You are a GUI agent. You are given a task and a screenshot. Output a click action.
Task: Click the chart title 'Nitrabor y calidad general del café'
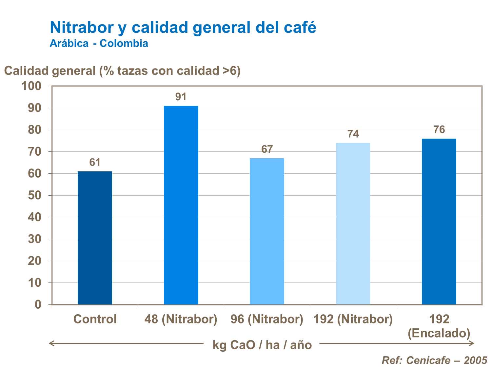183,27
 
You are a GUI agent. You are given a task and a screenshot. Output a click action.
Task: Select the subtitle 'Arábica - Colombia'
99,43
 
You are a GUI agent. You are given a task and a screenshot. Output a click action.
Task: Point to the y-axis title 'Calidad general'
122,71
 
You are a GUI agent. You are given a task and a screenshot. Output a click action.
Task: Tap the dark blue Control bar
95,238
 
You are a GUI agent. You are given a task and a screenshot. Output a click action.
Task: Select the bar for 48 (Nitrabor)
181,205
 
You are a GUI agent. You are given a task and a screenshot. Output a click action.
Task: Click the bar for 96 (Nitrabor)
267,231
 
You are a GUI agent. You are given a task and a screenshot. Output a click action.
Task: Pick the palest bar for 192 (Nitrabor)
353,223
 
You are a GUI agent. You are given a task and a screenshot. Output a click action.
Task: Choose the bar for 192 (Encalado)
439,221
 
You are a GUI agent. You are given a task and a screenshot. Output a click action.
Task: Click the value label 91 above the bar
181,97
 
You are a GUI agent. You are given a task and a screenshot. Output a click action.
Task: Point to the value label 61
95,162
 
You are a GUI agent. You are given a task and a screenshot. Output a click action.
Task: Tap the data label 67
267,149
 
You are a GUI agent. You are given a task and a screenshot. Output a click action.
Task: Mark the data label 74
353,134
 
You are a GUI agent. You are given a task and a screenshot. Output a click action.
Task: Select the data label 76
439,129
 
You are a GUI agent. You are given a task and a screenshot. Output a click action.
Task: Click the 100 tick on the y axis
31,86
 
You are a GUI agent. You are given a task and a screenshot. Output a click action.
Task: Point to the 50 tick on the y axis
34,195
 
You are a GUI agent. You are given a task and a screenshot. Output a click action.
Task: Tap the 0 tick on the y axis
38,304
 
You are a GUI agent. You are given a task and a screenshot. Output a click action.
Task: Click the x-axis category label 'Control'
95,319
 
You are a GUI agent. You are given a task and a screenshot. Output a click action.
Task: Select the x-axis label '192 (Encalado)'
439,326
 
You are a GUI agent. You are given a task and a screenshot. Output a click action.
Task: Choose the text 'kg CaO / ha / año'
262,345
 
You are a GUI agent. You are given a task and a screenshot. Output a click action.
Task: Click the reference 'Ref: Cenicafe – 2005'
434,360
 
